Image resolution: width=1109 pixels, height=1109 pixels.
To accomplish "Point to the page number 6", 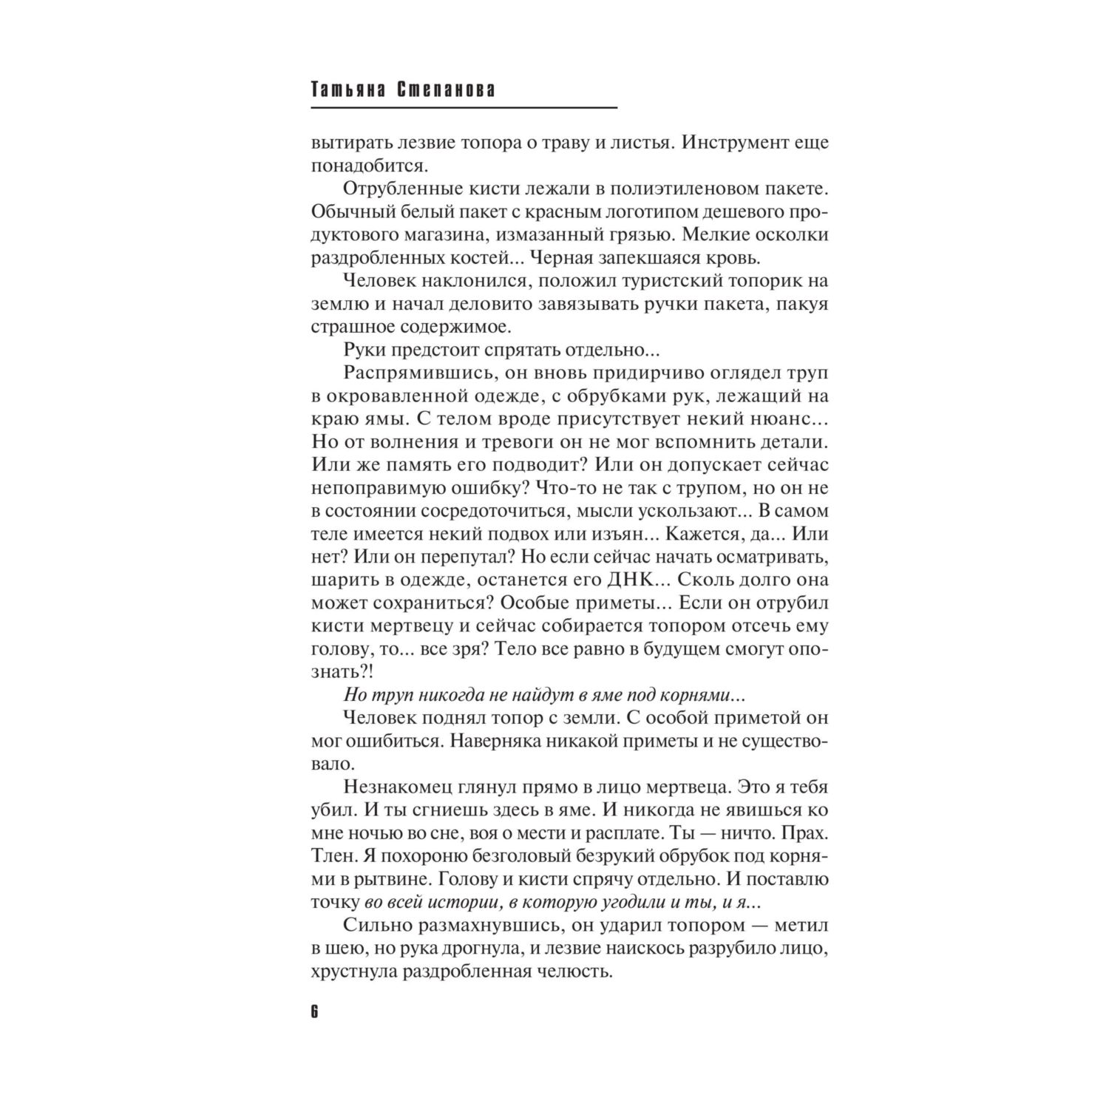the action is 313,1012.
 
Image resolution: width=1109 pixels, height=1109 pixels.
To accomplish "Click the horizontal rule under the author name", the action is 464,109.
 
